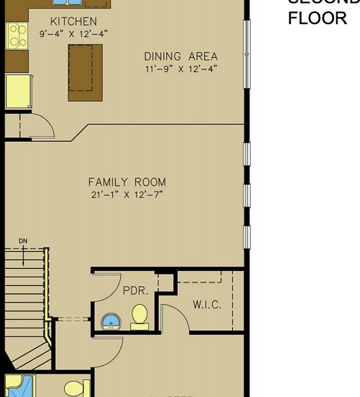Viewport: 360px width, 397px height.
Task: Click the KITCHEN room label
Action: (x=73, y=22)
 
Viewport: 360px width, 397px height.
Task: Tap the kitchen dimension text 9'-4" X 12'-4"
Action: (x=73, y=34)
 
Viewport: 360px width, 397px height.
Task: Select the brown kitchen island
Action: (x=85, y=72)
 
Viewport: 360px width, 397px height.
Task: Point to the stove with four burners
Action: (x=17, y=36)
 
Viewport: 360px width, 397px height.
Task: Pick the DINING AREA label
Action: (x=181, y=56)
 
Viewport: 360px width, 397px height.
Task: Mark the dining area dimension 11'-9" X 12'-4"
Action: (x=181, y=68)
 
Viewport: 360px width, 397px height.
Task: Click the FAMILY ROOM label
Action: (x=127, y=182)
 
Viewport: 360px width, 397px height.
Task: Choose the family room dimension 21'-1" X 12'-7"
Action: (x=127, y=194)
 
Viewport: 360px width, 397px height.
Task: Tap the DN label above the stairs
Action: (x=23, y=241)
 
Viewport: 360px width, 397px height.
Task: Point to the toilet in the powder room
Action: (x=139, y=316)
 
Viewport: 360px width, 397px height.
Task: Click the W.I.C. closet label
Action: (x=207, y=304)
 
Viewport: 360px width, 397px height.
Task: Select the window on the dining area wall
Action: (x=247, y=54)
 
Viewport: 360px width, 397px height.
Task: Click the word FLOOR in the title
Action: (x=317, y=18)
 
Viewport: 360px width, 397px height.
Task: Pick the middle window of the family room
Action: (x=247, y=195)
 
